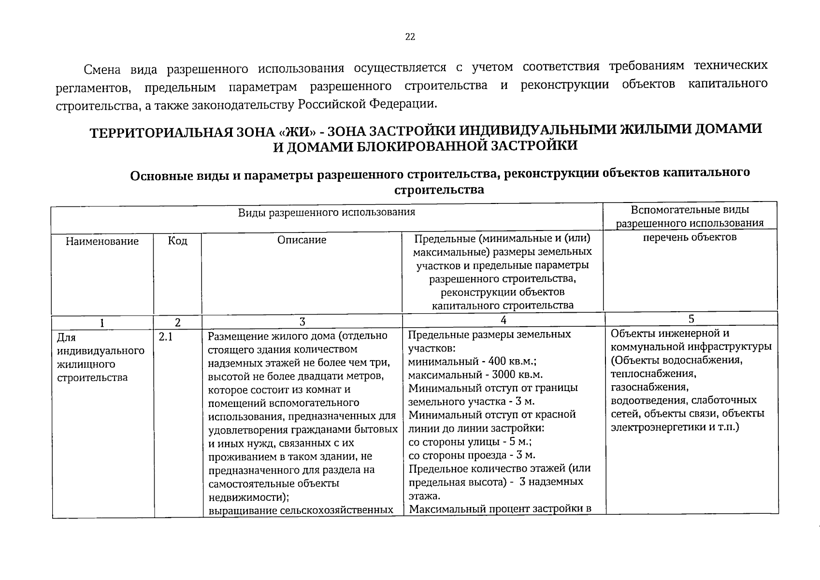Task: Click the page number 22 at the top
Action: coord(410,37)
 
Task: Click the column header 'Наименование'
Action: coord(102,241)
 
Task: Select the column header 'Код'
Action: coord(177,241)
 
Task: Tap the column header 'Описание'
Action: coord(302,240)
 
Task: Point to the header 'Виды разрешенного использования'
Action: coord(327,212)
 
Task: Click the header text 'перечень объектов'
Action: coord(690,237)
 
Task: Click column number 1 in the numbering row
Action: coord(102,323)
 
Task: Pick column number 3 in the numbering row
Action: coord(302,322)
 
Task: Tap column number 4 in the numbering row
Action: coord(504,320)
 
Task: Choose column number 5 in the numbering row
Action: coord(691,319)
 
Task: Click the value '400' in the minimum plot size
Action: coord(498,361)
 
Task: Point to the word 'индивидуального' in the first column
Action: coord(101,351)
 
